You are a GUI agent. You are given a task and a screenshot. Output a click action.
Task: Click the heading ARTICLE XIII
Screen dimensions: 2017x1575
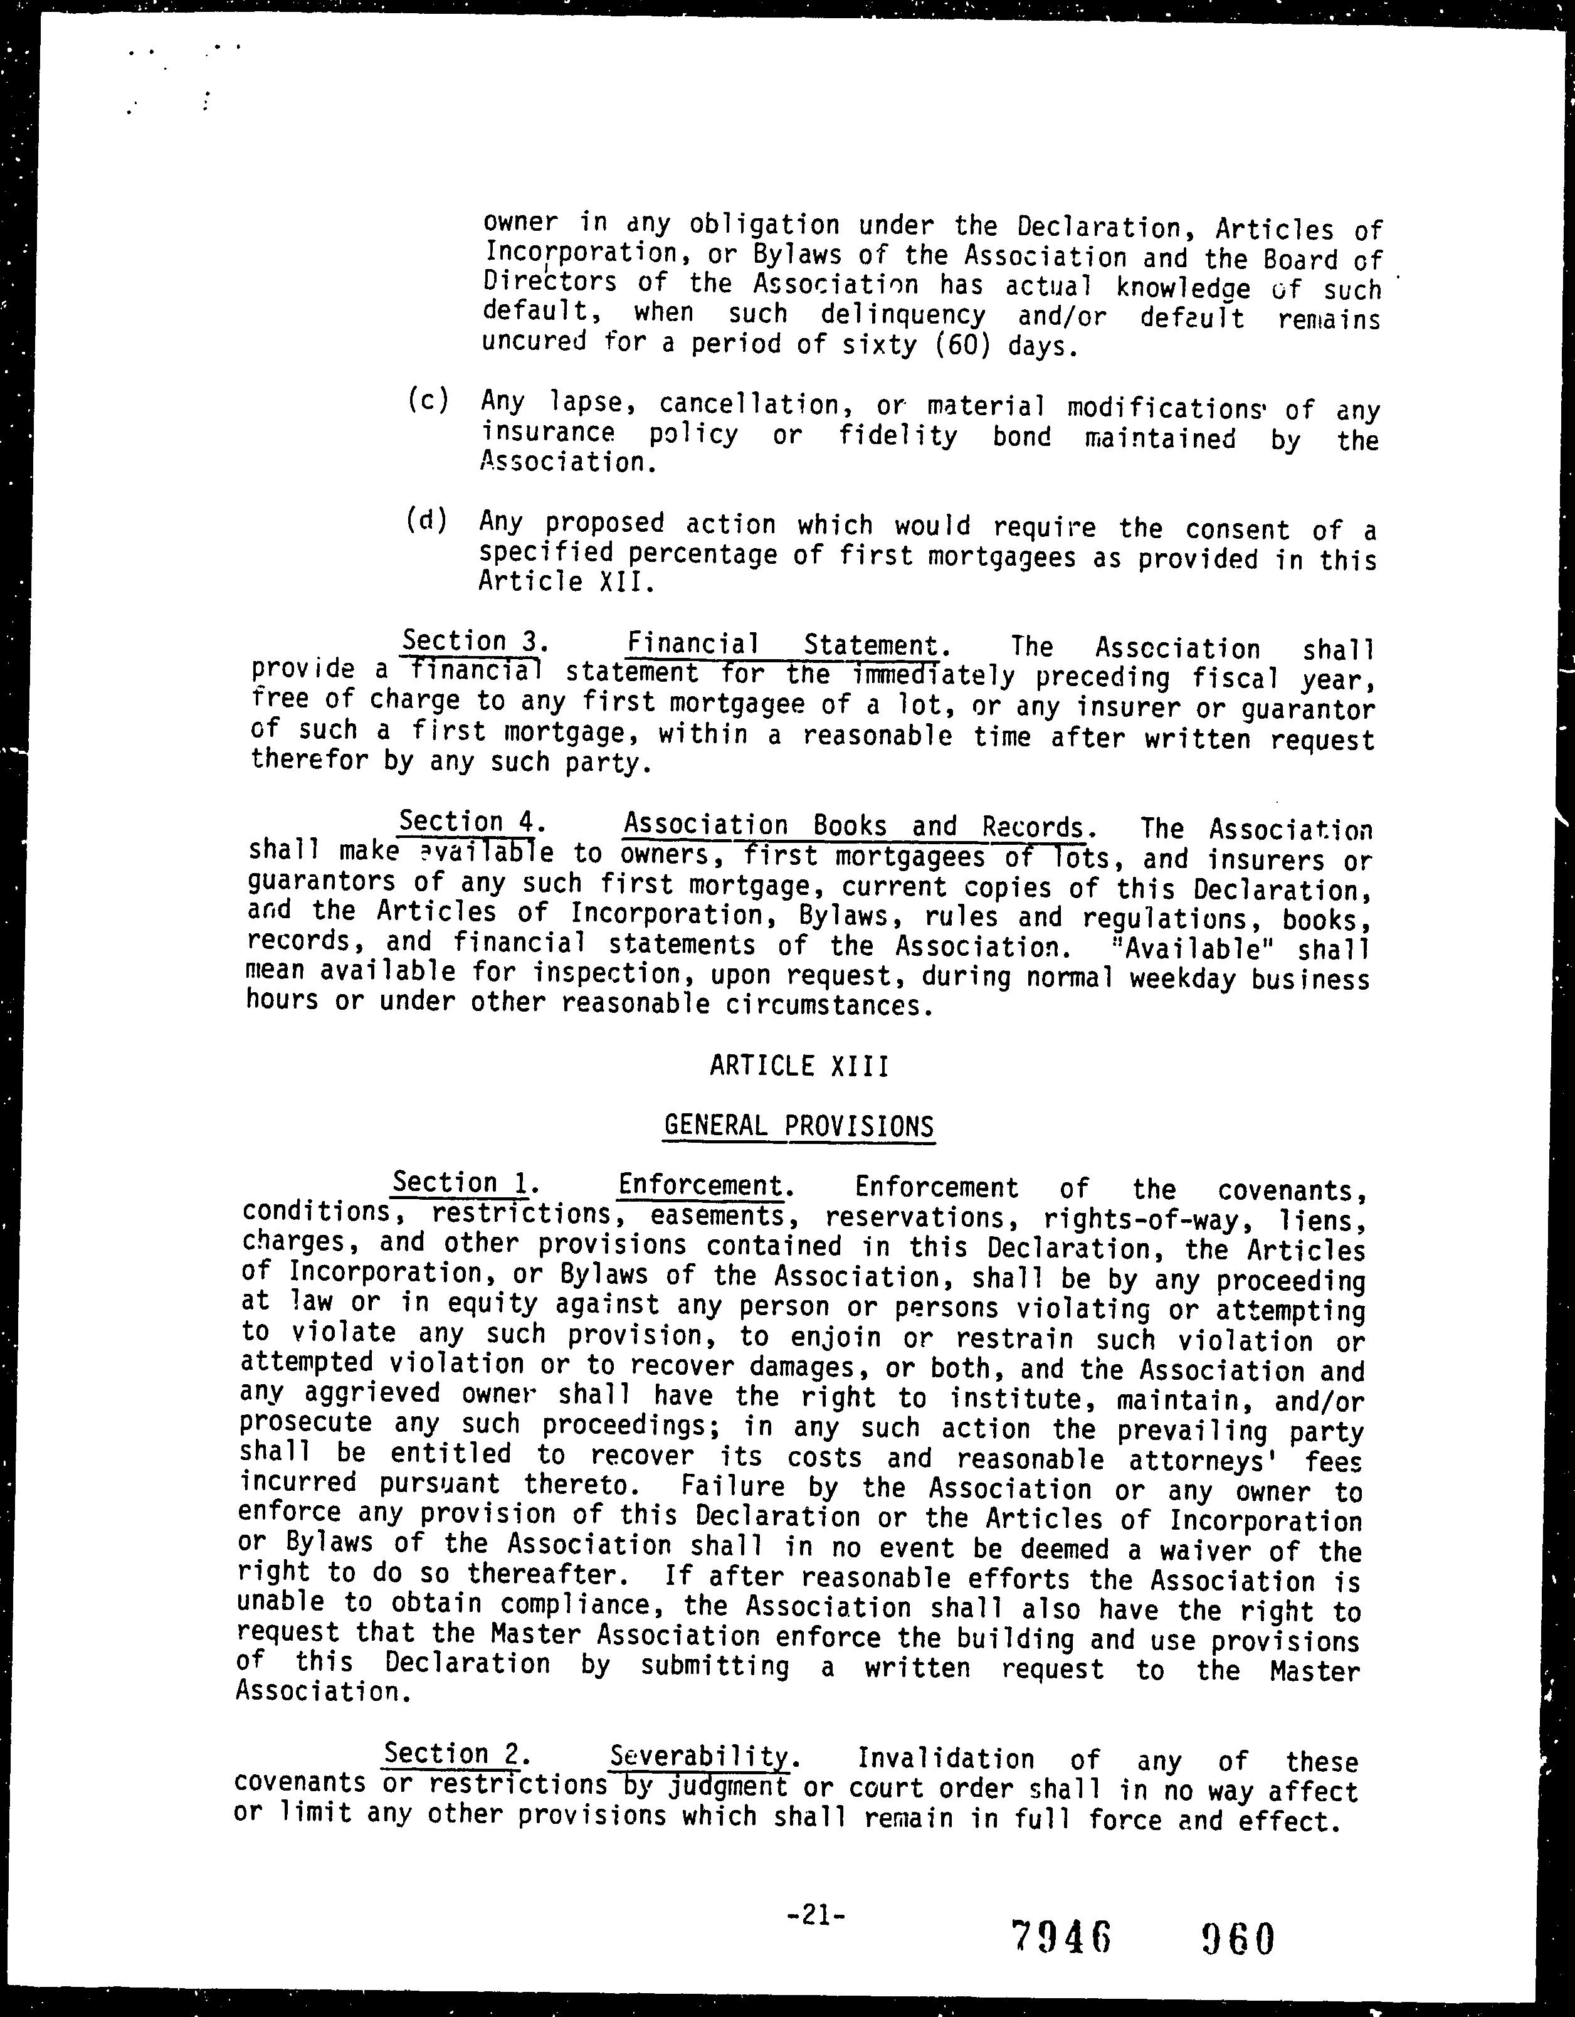799,1067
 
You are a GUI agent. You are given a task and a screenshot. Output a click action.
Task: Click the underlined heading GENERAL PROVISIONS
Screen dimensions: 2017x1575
799,1126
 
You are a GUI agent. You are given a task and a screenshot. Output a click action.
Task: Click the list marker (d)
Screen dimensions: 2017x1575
426,521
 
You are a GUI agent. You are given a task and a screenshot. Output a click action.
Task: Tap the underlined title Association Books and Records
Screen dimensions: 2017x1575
854,825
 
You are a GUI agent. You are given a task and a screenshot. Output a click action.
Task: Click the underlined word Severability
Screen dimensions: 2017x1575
700,1755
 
